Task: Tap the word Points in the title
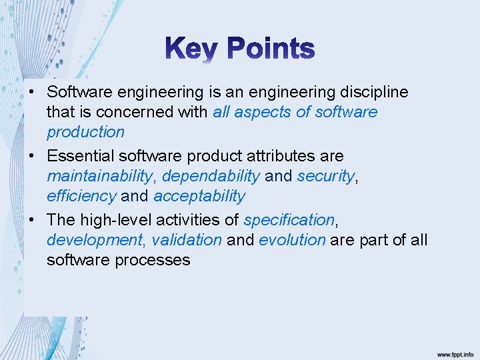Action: pos(271,49)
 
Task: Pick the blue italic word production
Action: pos(85,131)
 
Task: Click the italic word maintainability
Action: pos(99,176)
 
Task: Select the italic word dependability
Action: pos(211,176)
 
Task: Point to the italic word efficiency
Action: pos(81,196)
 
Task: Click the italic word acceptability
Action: pos(199,196)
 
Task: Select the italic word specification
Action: pos(289,220)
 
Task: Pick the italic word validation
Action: pos(187,240)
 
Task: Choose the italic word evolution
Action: pos(292,240)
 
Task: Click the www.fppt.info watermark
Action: pos(455,355)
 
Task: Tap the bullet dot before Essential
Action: pos(32,156)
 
